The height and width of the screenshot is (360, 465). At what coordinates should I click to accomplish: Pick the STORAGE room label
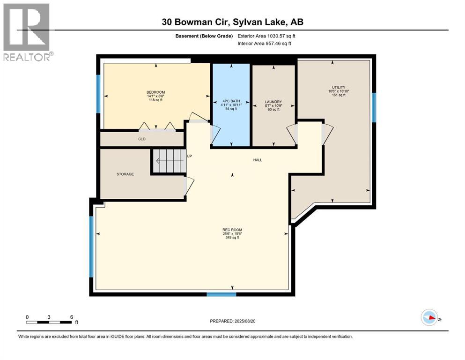coord(125,174)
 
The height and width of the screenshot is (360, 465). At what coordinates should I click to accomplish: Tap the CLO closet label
coord(141,139)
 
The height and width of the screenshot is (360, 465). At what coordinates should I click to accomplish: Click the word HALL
coord(258,160)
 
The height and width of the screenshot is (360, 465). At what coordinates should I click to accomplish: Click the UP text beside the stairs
coord(190,156)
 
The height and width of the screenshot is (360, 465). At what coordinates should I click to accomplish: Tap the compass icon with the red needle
coord(429,318)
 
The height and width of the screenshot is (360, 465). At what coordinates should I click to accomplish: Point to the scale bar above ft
coord(49,322)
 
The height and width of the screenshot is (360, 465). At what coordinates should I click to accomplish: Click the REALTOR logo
coord(27,32)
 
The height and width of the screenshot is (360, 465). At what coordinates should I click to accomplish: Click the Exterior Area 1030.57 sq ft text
coord(266,36)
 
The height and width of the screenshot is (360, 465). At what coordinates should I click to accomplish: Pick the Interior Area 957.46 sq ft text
coord(265,44)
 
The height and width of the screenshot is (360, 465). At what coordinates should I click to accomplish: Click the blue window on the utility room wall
coord(374,107)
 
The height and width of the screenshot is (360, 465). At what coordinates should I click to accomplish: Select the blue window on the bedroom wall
coord(98,94)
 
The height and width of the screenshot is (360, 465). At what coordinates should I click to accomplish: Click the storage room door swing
coord(189,186)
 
